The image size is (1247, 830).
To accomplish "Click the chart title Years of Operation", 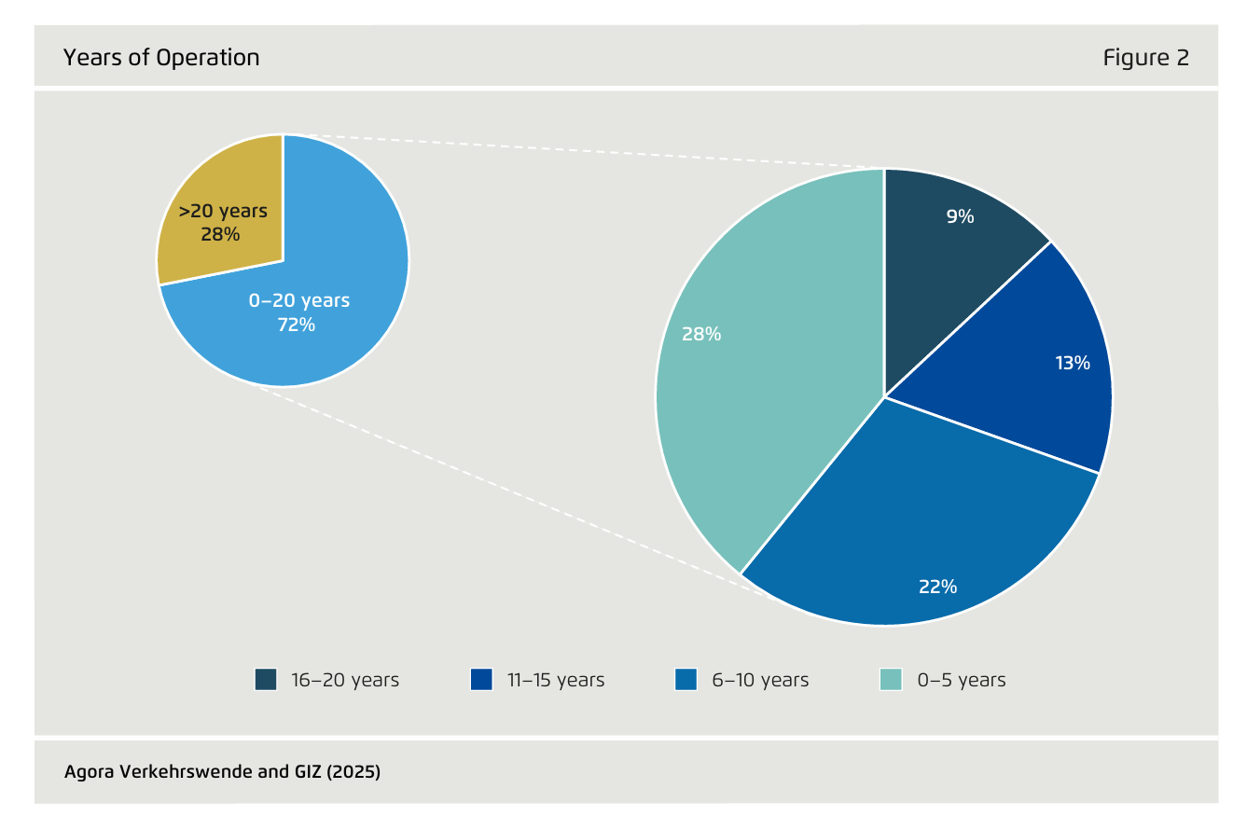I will pyautogui.click(x=161, y=58).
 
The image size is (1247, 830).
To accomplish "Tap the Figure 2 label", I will pyautogui.click(x=1145, y=58).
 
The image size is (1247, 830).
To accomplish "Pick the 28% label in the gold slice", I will pyautogui.click(x=220, y=234).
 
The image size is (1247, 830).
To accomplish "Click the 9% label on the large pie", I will pyautogui.click(x=960, y=216).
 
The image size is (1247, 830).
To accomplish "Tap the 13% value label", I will pyautogui.click(x=1073, y=363).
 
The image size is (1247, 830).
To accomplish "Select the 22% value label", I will pyautogui.click(x=937, y=587).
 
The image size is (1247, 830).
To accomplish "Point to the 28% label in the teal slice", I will pyautogui.click(x=700, y=334).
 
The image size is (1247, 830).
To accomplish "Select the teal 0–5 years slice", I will pyautogui.click(x=765, y=392).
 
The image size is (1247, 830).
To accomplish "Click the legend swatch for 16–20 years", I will pyautogui.click(x=266, y=680).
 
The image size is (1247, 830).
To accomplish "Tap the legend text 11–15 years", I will pyautogui.click(x=556, y=680).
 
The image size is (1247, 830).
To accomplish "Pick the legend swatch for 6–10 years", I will pyautogui.click(x=686, y=680).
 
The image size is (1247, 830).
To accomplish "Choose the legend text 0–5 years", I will pyautogui.click(x=962, y=680).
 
